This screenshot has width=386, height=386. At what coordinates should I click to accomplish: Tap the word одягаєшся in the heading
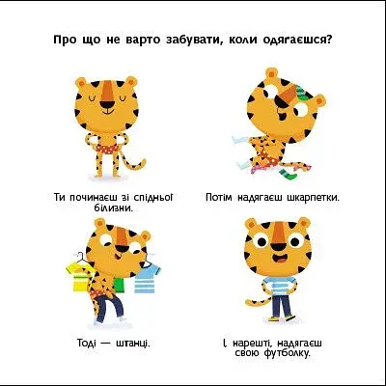click(x=298, y=41)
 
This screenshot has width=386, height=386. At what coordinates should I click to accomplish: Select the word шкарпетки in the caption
click(x=313, y=197)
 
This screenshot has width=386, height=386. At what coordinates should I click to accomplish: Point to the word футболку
click(x=287, y=353)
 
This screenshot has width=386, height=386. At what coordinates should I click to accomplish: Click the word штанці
click(x=133, y=343)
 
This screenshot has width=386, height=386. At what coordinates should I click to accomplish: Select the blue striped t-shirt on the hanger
click(x=147, y=277)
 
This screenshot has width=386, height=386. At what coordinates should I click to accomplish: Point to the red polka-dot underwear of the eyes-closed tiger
click(x=106, y=150)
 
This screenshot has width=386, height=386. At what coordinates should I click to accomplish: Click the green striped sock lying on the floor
click(x=287, y=174)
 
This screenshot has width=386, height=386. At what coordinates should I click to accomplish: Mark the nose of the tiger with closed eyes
click(x=106, y=104)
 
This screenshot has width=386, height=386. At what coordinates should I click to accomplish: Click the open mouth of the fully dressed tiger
click(x=277, y=258)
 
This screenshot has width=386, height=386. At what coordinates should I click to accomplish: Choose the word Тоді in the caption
click(x=86, y=343)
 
